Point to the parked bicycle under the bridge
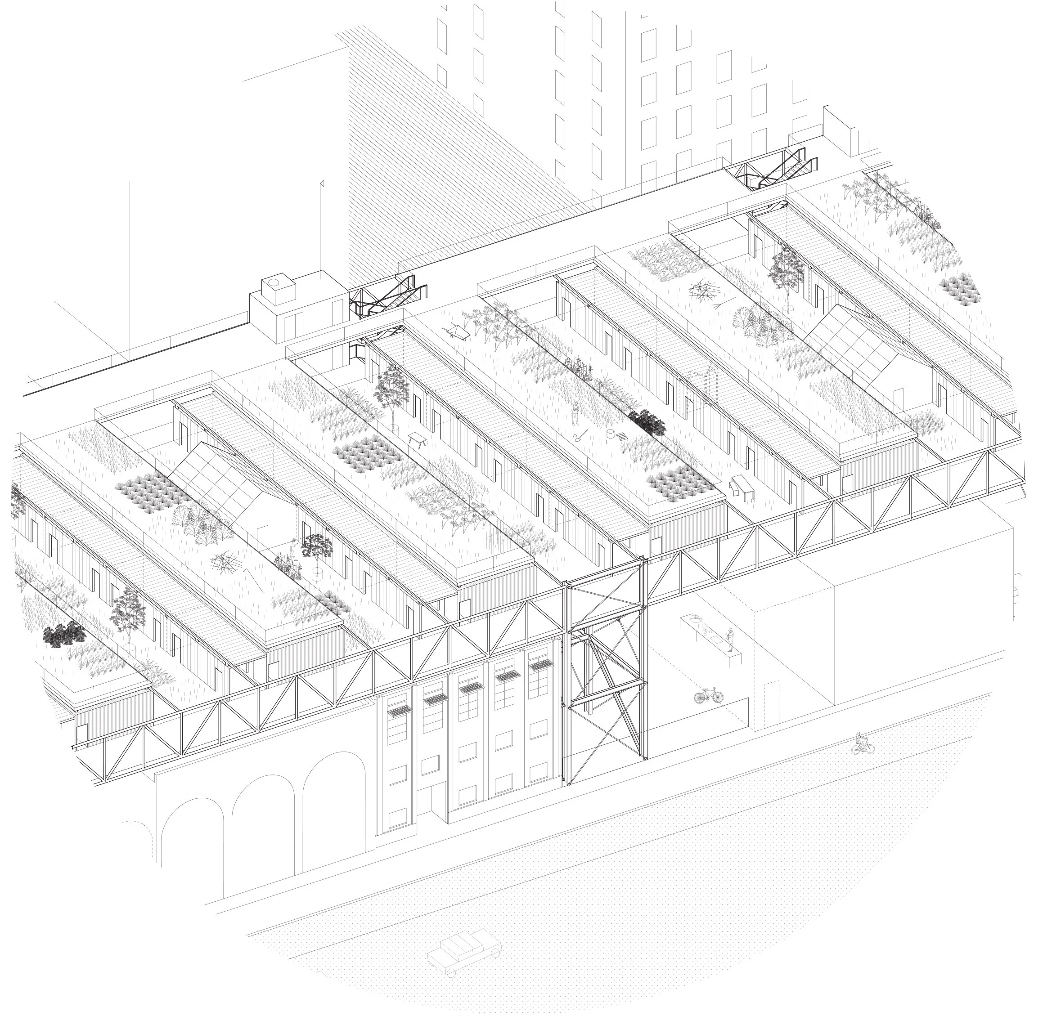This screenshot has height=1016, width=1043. click(x=708, y=695)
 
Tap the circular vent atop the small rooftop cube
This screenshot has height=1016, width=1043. click(x=276, y=282)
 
